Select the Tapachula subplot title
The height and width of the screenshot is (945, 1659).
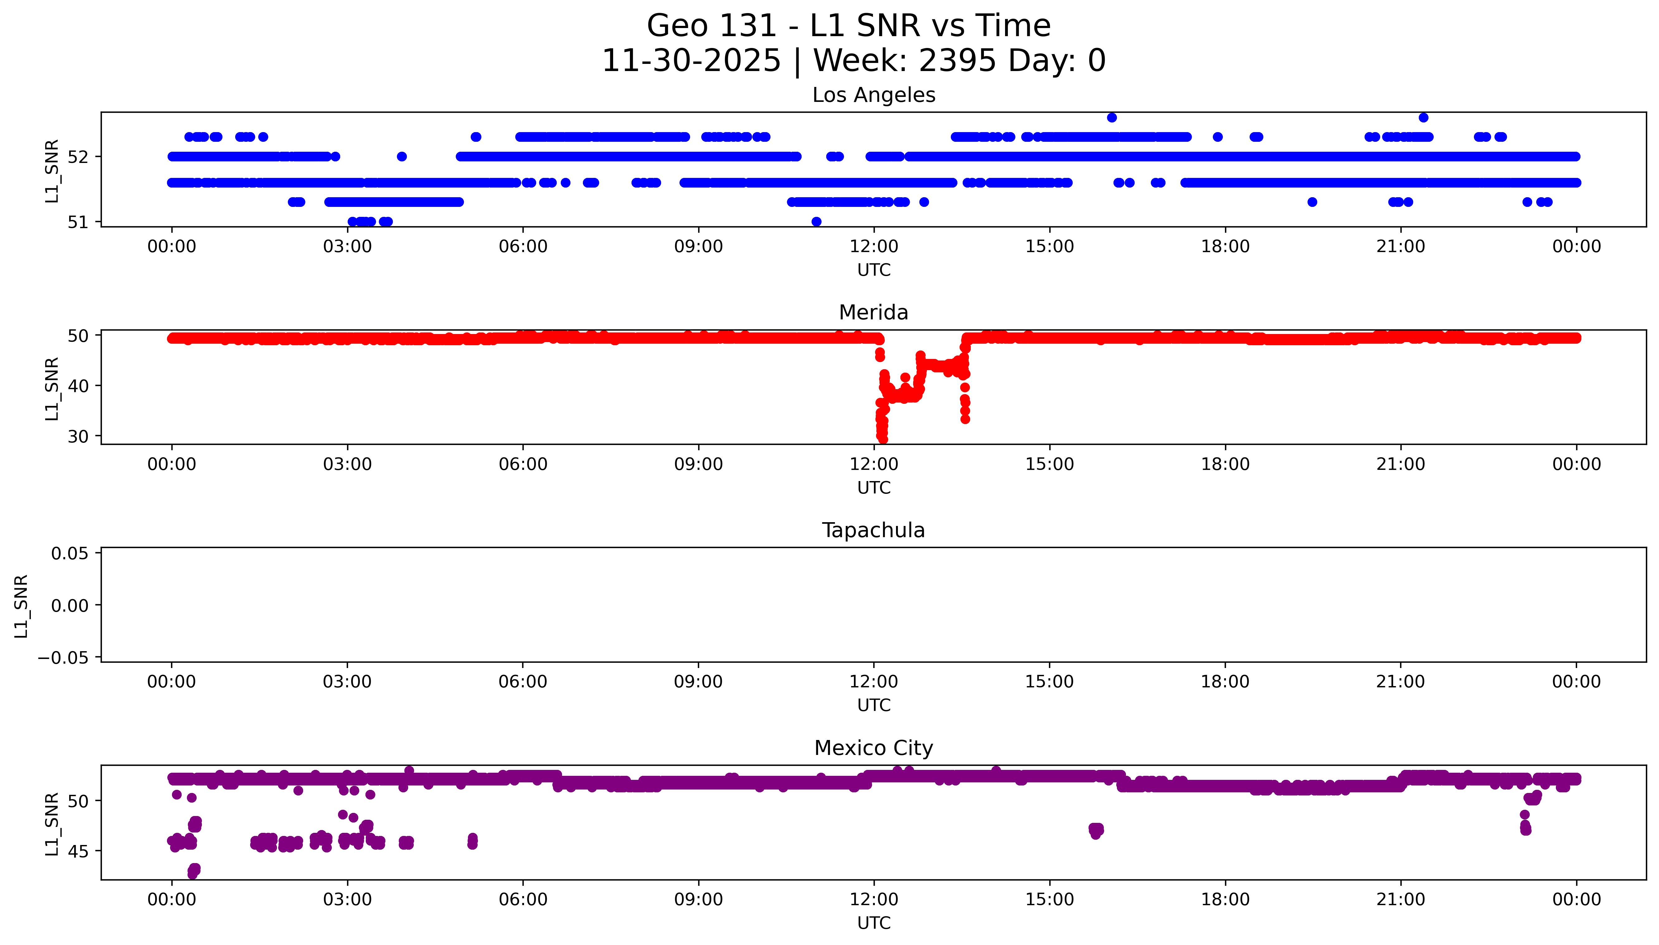(873, 530)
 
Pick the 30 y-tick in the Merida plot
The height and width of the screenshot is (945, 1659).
(78, 436)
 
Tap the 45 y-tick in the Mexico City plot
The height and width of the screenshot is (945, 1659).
(78, 851)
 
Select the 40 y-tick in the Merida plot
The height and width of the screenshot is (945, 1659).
(78, 385)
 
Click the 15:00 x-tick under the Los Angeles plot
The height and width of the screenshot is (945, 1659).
(1049, 247)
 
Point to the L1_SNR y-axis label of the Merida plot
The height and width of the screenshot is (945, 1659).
(52, 388)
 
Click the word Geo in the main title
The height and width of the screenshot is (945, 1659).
(678, 26)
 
